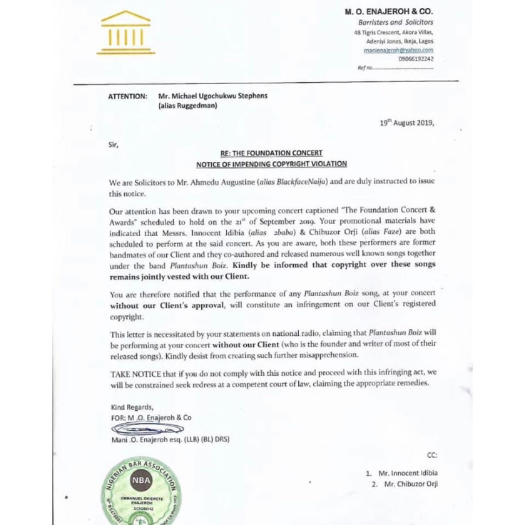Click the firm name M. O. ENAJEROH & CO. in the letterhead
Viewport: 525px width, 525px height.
389,11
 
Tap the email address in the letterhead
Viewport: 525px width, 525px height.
399,50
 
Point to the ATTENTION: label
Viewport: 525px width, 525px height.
128,96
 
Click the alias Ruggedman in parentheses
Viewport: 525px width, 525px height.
188,106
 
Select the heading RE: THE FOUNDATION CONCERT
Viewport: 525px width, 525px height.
270,153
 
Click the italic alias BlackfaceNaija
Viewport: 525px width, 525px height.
300,183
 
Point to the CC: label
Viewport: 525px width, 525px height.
432,454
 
